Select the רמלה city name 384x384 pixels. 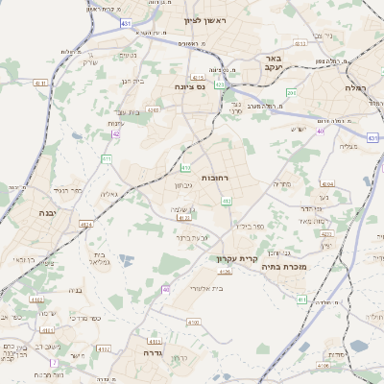click(x=364, y=87)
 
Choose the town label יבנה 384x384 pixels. click(x=45, y=211)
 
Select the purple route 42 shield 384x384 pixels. click(x=115, y=134)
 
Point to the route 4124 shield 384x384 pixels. click(x=86, y=225)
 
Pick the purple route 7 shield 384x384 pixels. click(x=54, y=362)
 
